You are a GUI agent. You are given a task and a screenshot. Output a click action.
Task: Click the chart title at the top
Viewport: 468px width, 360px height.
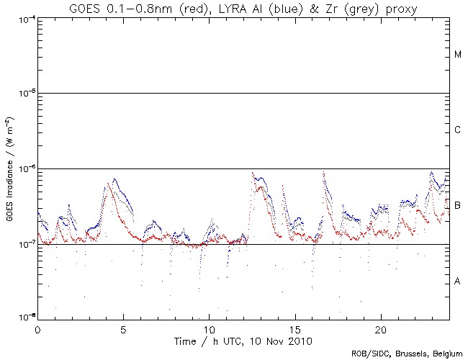tap(243, 9)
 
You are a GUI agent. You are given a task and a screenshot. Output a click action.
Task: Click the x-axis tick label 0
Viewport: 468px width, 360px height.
tap(37, 328)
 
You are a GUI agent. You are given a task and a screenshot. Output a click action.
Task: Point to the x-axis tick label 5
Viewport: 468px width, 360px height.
tap(123, 328)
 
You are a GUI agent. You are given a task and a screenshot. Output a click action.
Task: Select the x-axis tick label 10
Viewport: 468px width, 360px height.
tap(209, 328)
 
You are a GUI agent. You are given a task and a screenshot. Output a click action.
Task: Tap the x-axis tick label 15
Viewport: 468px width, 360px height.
tap(294, 328)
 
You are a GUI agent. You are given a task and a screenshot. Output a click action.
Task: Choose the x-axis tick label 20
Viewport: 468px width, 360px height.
tap(380, 328)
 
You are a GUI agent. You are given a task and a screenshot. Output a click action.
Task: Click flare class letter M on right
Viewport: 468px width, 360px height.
tap(458, 55)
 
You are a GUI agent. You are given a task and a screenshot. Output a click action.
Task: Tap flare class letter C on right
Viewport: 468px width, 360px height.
tap(458, 130)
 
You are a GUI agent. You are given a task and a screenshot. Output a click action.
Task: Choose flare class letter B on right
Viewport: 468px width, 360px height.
tap(458, 206)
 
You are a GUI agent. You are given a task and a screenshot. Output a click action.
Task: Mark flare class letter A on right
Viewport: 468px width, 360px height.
tap(458, 282)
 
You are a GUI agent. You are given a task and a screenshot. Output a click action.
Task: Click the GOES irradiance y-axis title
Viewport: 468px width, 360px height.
tap(9, 168)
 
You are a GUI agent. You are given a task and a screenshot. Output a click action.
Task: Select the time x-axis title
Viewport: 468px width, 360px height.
tap(243, 339)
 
